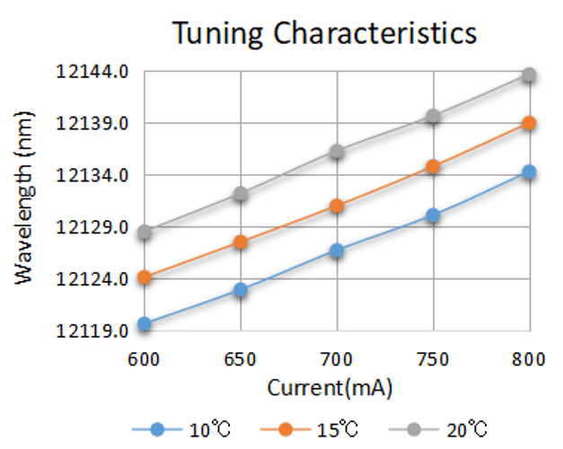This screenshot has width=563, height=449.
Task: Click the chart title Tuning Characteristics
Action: pos(324,33)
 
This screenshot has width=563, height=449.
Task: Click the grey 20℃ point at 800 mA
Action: pos(529,75)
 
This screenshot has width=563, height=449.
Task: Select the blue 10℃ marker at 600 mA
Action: pos(145,323)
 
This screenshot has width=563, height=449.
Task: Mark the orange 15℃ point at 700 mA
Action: pos(337,206)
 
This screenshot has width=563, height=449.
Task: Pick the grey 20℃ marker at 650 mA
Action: pos(241,194)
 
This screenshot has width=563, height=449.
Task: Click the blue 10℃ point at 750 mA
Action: pos(433,216)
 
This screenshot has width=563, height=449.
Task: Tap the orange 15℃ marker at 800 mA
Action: pos(529,123)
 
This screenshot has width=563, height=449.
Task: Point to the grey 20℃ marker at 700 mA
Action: pos(337,152)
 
